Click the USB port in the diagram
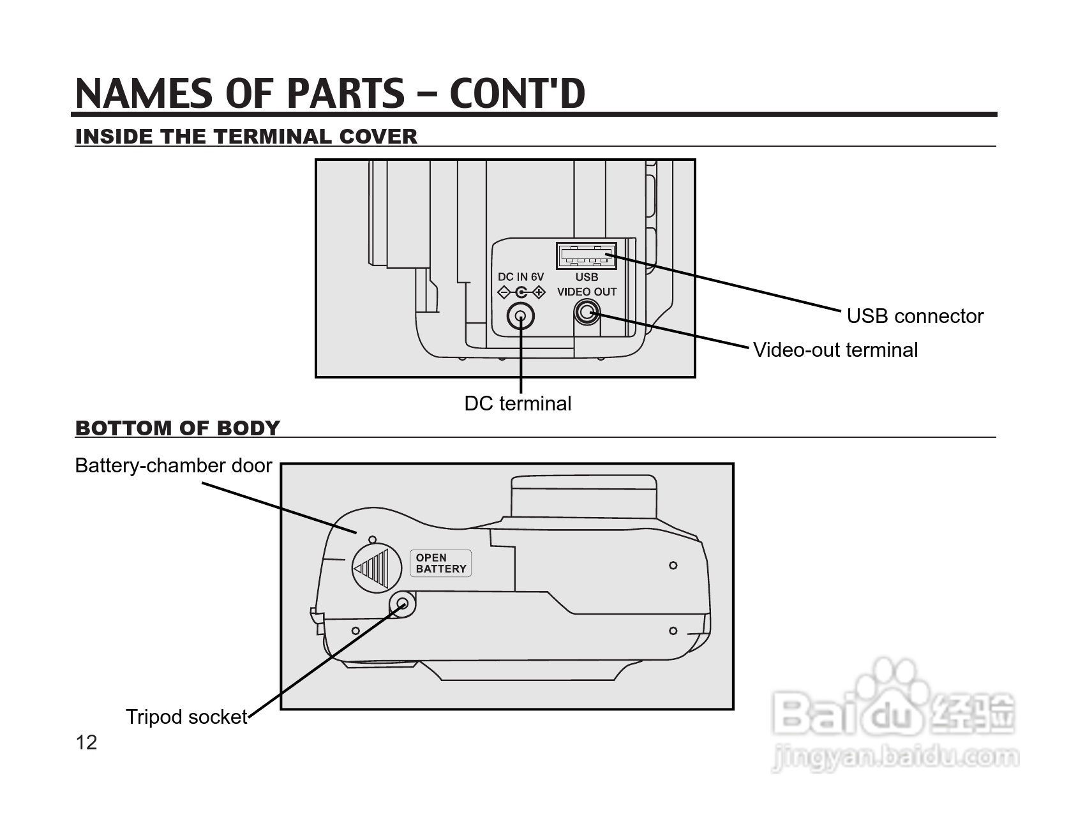pyautogui.click(x=586, y=256)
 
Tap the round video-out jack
pyautogui.click(x=587, y=313)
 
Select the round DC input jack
pyautogui.click(x=520, y=317)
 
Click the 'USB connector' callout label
pyautogui.click(x=915, y=316)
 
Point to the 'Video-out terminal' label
pyautogui.click(x=835, y=350)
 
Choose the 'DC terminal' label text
pyautogui.click(x=518, y=403)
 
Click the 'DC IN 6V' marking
pyautogui.click(x=521, y=277)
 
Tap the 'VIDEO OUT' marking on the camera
pyautogui.click(x=587, y=292)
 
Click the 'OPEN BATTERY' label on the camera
pyautogui.click(x=440, y=564)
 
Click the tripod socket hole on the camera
pyautogui.click(x=402, y=603)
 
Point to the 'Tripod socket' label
pyautogui.click(x=186, y=717)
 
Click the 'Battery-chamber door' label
pyautogui.click(x=174, y=465)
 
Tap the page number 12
pyautogui.click(x=86, y=742)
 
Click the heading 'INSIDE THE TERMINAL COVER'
pyautogui.click(x=246, y=137)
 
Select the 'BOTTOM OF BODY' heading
pyautogui.click(x=177, y=428)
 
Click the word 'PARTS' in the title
pyautogui.click(x=345, y=93)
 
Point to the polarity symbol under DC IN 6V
pyautogui.click(x=521, y=292)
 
